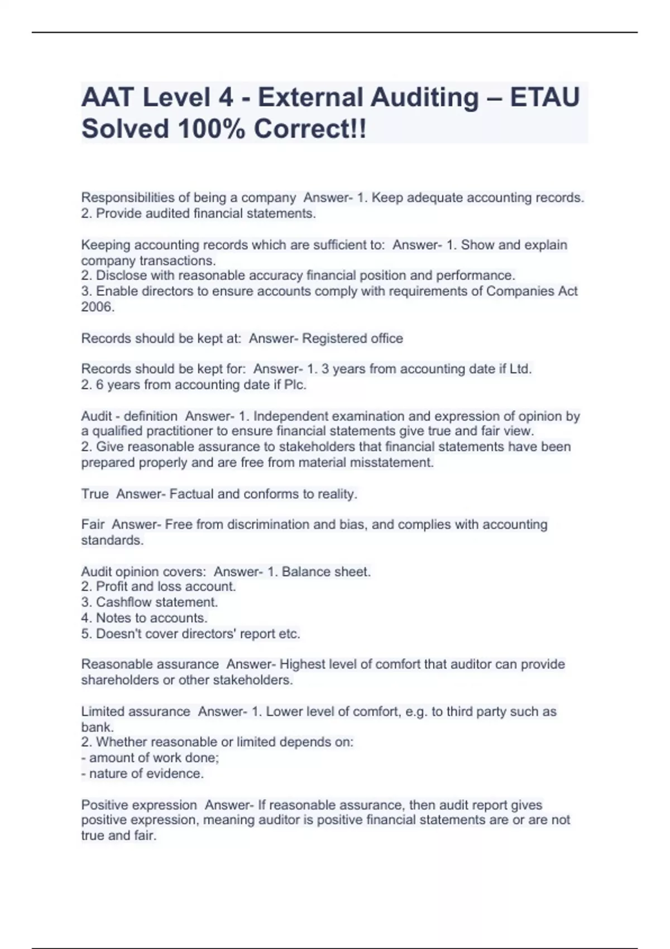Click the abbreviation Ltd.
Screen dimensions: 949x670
click(x=520, y=369)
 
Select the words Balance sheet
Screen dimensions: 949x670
click(x=326, y=572)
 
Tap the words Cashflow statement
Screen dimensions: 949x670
click(x=157, y=602)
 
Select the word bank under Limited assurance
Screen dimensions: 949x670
click(x=97, y=727)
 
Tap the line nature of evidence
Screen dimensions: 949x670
click(x=146, y=773)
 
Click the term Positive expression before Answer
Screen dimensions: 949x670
click(x=139, y=805)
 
